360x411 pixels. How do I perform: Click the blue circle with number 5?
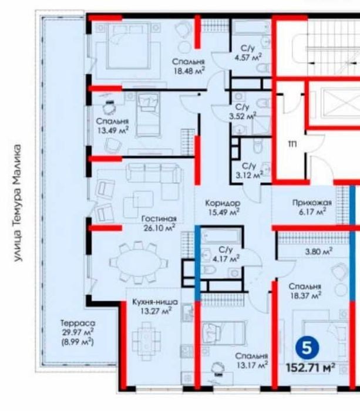click(x=307, y=348)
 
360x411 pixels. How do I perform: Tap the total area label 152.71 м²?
click(x=310, y=368)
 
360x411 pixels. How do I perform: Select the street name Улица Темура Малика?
click(x=18, y=203)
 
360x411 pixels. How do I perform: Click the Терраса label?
click(x=78, y=323)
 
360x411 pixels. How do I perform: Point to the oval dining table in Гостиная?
click(x=139, y=263)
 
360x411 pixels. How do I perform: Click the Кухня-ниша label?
click(x=155, y=302)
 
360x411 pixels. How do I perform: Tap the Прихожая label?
click(x=312, y=203)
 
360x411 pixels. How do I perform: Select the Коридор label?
click(x=223, y=203)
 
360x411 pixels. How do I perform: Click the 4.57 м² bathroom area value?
click(x=248, y=58)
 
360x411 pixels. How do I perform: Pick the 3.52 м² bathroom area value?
click(x=243, y=116)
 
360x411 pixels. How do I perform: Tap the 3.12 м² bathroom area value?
click(x=249, y=175)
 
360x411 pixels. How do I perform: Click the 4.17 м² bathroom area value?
click(x=226, y=259)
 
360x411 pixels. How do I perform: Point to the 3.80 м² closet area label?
click(x=319, y=251)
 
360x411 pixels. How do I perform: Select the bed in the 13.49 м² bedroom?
click(x=148, y=114)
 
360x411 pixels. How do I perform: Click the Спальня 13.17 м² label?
click(x=251, y=361)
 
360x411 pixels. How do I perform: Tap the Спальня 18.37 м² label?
click(x=305, y=291)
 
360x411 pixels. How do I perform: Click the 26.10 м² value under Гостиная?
click(x=159, y=227)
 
